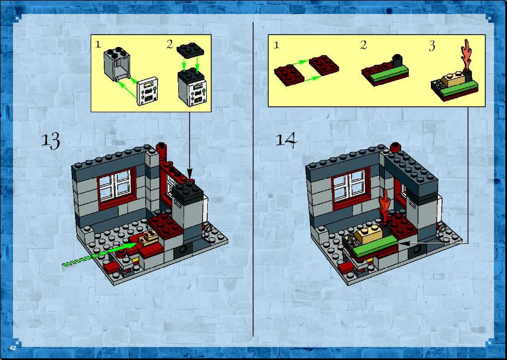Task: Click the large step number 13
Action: pos(51,141)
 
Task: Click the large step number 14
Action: pos(286,140)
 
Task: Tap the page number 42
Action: pos(13,348)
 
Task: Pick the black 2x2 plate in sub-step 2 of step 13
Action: pos(190,50)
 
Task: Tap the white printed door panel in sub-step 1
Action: pos(147,91)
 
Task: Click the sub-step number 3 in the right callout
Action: pos(432,46)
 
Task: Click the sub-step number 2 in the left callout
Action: pos(170,44)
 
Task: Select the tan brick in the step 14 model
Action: pos(369,235)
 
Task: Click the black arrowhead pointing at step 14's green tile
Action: pos(405,243)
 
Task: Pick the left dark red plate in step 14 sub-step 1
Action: pos(289,74)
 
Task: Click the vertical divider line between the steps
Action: pos(253,179)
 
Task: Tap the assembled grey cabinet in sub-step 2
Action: pos(192,86)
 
